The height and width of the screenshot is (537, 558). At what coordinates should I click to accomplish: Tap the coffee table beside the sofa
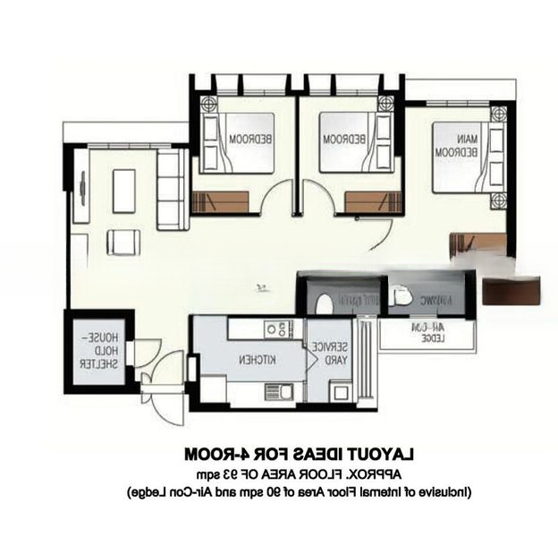pos(123,190)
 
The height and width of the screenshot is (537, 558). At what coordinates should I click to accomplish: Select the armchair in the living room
pos(123,242)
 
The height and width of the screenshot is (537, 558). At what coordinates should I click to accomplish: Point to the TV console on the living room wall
pos(81,189)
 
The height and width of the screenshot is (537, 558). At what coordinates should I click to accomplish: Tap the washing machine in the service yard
pos(340,391)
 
